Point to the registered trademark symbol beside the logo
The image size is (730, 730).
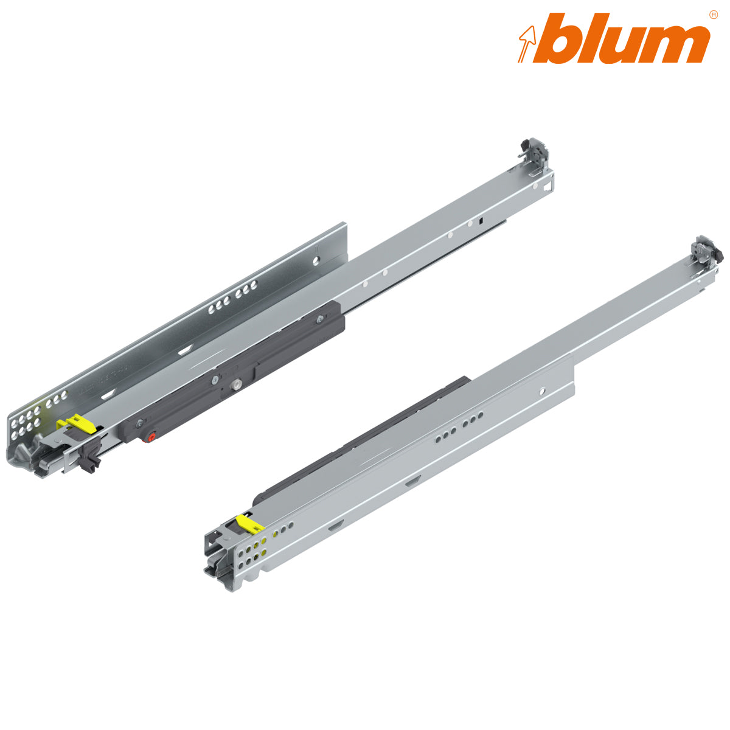click(713, 15)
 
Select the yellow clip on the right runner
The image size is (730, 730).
click(249, 523)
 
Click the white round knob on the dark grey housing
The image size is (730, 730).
click(236, 386)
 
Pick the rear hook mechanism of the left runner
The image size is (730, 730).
click(534, 152)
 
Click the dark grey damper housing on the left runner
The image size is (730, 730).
click(243, 371)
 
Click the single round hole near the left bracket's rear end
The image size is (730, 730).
click(316, 260)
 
